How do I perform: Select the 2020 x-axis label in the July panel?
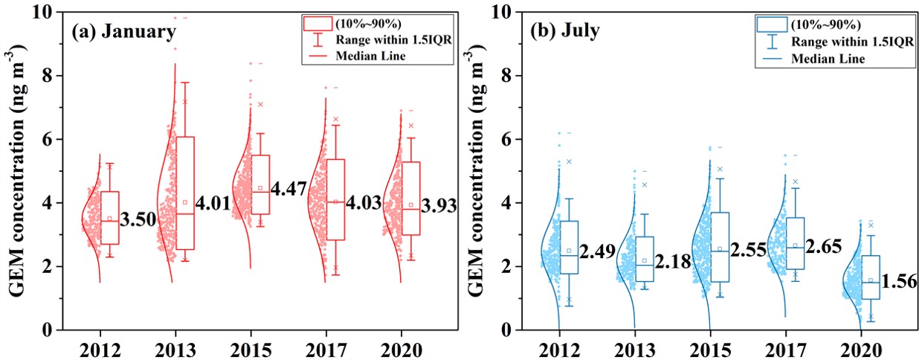[862, 350]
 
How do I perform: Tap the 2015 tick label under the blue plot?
[711, 350]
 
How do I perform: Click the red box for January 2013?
[185, 193]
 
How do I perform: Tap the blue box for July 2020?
[869, 277]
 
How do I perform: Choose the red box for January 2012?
[110, 217]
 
